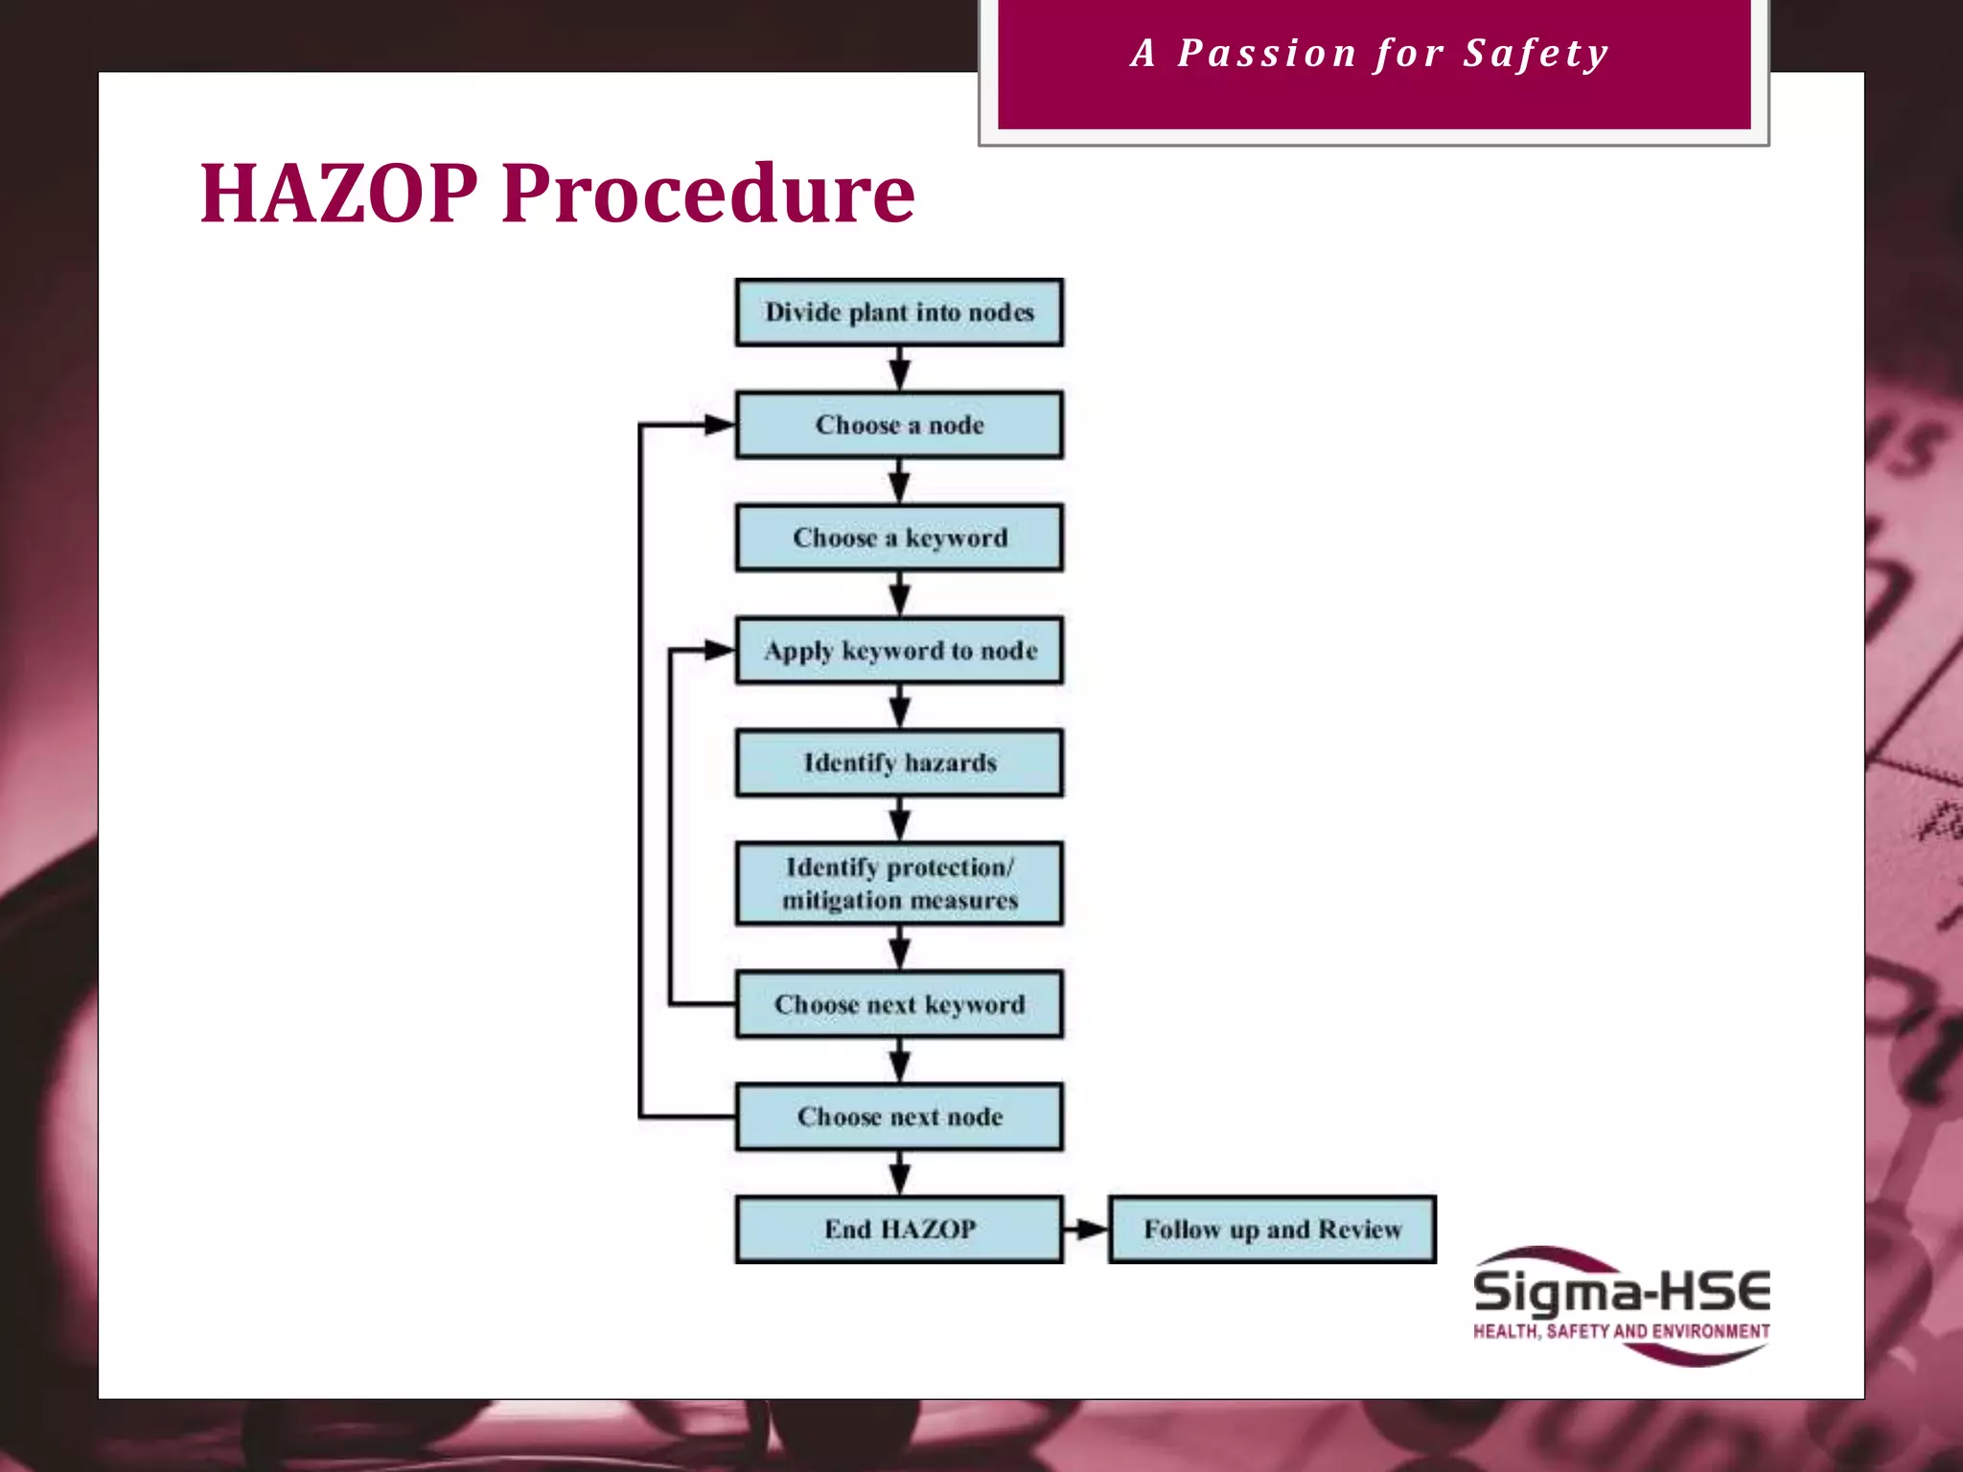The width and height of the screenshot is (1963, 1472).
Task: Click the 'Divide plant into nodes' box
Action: point(899,312)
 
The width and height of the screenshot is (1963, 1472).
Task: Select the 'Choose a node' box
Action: point(899,425)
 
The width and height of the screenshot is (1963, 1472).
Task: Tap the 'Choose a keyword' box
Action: point(899,538)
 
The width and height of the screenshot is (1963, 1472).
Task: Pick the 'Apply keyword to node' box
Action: point(899,651)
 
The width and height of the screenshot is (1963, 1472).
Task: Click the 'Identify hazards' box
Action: point(899,763)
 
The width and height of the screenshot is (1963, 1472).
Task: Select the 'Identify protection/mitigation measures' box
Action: point(899,884)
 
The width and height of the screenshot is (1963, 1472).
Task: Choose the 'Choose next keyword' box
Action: point(899,1004)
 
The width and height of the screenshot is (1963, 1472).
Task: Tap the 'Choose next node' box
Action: point(899,1117)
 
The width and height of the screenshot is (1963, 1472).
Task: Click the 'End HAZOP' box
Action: point(899,1230)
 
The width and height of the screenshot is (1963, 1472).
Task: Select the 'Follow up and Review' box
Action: point(1272,1230)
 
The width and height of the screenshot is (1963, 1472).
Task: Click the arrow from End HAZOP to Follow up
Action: point(1086,1230)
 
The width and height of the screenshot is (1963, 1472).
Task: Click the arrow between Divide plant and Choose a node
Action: point(899,369)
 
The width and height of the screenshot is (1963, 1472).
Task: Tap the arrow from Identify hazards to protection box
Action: point(899,819)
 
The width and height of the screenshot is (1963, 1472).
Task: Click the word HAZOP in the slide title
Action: point(338,195)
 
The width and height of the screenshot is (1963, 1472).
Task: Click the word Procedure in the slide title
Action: point(707,195)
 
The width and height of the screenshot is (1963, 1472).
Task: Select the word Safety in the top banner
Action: point(1536,54)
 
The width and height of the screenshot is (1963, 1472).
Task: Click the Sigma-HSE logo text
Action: point(1621,1293)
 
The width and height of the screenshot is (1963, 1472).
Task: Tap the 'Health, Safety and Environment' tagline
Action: point(1621,1331)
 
